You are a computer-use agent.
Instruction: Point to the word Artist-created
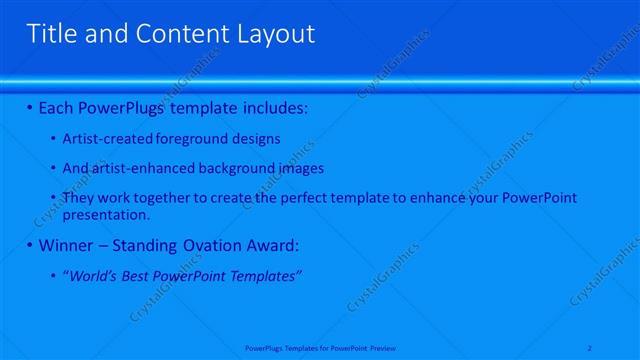(x=104, y=138)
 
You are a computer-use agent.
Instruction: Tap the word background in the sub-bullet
(x=214, y=168)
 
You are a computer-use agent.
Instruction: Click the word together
(x=154, y=198)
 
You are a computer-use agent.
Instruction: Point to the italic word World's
(x=91, y=275)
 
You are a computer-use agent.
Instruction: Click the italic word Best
(x=136, y=275)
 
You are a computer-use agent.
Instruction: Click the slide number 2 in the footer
(x=591, y=348)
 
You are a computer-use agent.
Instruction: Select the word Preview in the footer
(x=383, y=348)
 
